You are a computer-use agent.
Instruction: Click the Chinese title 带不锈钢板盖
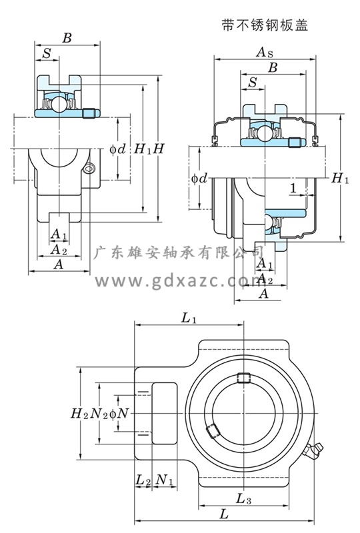tap(265, 25)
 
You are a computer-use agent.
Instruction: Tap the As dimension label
tap(265, 53)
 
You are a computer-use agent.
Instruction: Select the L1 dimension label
tap(189, 318)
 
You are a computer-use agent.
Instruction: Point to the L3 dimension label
tap(243, 499)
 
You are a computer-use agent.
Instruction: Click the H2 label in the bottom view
tap(79, 414)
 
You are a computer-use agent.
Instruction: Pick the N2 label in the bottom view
tap(99, 414)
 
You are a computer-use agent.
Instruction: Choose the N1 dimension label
tap(165, 480)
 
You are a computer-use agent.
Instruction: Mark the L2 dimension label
tap(143, 480)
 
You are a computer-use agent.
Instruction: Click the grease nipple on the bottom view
tap(314, 450)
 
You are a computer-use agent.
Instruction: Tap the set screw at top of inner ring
tap(243, 377)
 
